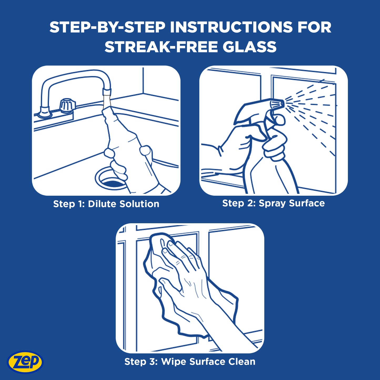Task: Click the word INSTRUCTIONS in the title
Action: [x=231, y=27]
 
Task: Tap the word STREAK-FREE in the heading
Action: [x=161, y=47]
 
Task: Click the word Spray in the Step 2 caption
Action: [x=272, y=203]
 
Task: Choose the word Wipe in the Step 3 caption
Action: [x=174, y=362]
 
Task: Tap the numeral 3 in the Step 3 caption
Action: [x=152, y=362]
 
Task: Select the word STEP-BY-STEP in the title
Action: [x=107, y=27]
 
